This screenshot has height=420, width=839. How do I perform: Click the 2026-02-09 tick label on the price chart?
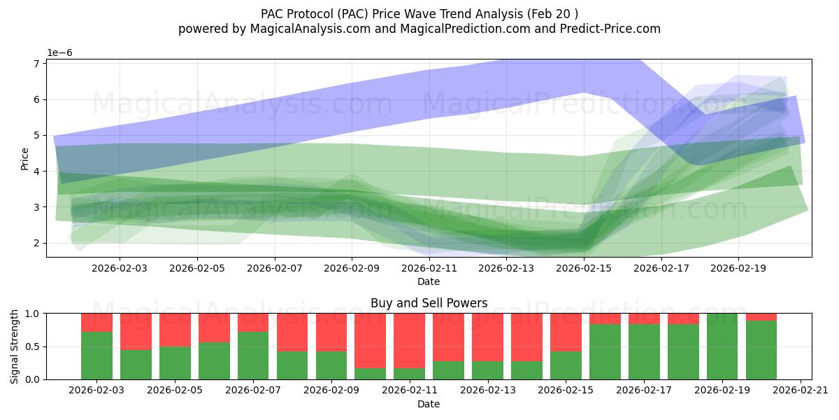pyautogui.click(x=352, y=267)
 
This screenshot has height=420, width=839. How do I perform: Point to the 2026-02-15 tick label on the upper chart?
pyautogui.click(x=584, y=267)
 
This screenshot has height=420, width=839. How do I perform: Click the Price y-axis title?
pyautogui.click(x=25, y=159)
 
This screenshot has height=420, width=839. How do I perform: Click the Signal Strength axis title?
pyautogui.click(x=15, y=346)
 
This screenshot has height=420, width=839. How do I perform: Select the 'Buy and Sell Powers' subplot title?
pyautogui.click(x=429, y=303)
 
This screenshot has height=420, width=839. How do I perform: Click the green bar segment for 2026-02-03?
pyautogui.click(x=96, y=356)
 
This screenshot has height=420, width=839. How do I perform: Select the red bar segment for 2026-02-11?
pyautogui.click(x=409, y=340)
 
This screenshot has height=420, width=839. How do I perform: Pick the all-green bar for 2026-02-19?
pyautogui.click(x=722, y=346)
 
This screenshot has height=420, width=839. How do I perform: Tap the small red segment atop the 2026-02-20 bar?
pyautogui.click(x=761, y=316)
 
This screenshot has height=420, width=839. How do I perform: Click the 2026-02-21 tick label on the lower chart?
pyautogui.click(x=800, y=391)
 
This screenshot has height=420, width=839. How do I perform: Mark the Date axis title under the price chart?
pyautogui.click(x=429, y=281)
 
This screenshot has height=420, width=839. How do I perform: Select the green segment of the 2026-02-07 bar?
pyautogui.click(x=253, y=356)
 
